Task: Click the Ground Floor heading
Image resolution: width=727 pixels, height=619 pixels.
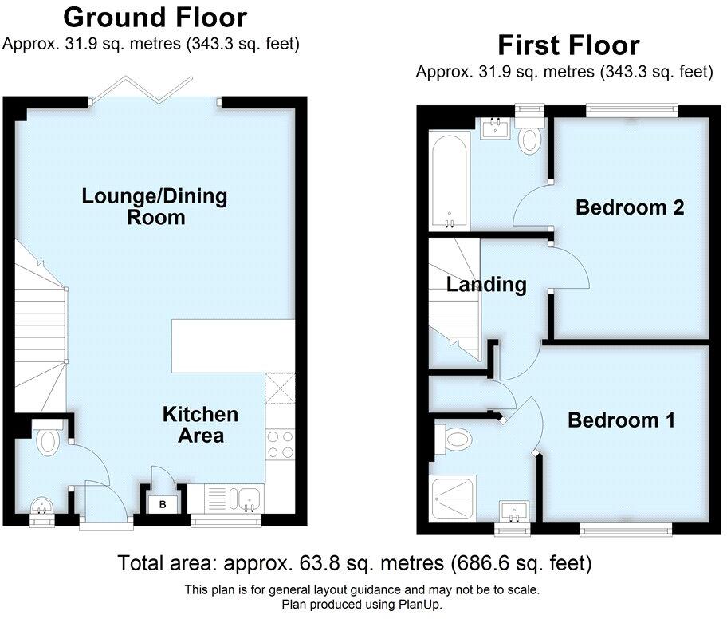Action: pyautogui.click(x=155, y=17)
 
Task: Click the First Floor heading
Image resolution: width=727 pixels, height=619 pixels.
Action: pyautogui.click(x=568, y=45)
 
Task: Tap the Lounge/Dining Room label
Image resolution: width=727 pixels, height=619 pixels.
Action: pyautogui.click(x=155, y=206)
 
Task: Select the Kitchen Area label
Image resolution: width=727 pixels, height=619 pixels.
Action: pyautogui.click(x=200, y=424)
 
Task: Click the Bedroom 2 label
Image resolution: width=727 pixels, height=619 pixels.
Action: pyautogui.click(x=630, y=208)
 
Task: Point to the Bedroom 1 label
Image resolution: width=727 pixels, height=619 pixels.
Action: pyautogui.click(x=621, y=420)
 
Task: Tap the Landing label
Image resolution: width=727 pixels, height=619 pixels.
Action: pyautogui.click(x=486, y=285)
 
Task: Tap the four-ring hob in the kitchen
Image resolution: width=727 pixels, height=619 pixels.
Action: pyautogui.click(x=281, y=444)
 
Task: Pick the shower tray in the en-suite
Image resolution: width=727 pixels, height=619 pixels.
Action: pyautogui.click(x=454, y=499)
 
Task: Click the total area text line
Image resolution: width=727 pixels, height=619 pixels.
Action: pyautogui.click(x=355, y=563)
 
